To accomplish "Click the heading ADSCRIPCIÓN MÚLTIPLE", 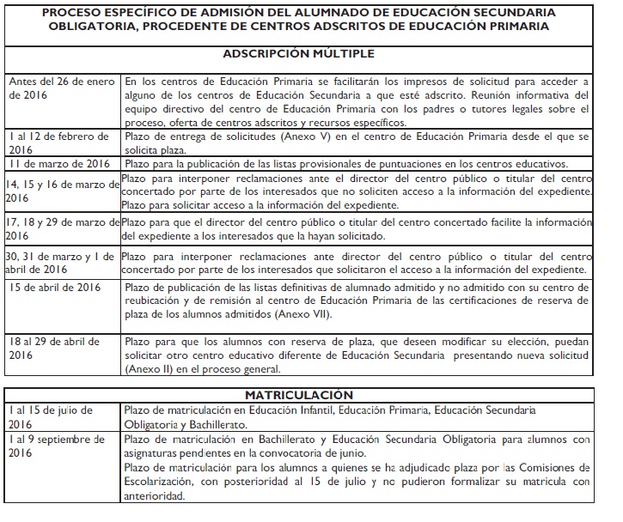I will click(x=310, y=54).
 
